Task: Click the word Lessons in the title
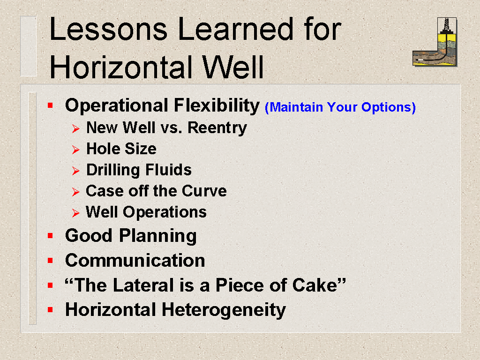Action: (x=108, y=29)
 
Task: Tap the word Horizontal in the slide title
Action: (x=121, y=67)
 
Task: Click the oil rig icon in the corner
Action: (x=435, y=42)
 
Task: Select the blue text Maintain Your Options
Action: (x=340, y=107)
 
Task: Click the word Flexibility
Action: (x=217, y=105)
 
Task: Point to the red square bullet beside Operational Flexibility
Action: (x=51, y=106)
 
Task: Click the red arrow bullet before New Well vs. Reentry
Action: (x=75, y=129)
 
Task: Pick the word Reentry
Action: (x=217, y=128)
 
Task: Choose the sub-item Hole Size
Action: (x=121, y=149)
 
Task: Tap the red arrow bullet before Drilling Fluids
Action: (x=75, y=171)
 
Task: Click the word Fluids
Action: (x=168, y=170)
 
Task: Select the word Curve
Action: (x=204, y=191)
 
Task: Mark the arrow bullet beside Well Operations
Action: (x=75, y=213)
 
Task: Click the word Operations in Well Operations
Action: (x=165, y=212)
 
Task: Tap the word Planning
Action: (x=157, y=236)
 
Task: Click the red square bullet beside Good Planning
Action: (x=51, y=236)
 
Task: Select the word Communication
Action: (x=135, y=261)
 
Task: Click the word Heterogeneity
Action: (x=224, y=310)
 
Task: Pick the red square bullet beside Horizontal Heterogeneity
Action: (x=51, y=310)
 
